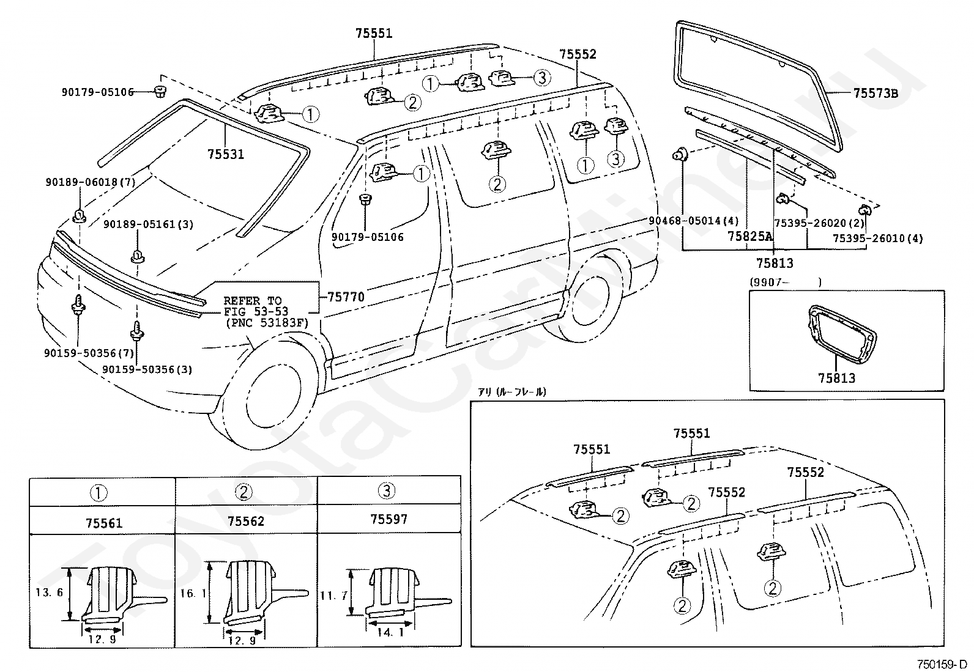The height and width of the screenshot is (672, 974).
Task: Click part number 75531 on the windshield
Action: [x=226, y=154]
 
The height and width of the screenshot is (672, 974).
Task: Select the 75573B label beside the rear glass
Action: [x=875, y=93]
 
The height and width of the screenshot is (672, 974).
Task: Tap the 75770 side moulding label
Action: [x=346, y=297]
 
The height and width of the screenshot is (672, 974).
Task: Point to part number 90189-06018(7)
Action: [x=91, y=182]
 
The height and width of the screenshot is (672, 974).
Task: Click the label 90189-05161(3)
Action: [x=148, y=224]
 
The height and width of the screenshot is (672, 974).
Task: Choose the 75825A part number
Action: [x=750, y=236]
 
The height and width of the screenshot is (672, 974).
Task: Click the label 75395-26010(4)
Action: [x=878, y=238]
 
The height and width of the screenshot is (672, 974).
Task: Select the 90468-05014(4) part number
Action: [x=694, y=221]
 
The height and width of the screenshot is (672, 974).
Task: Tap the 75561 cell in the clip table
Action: [x=104, y=523]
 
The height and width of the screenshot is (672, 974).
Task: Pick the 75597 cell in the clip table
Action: [x=388, y=519]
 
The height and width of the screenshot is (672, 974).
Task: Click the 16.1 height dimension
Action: [x=194, y=593]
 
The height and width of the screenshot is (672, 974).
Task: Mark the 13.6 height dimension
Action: [x=49, y=591]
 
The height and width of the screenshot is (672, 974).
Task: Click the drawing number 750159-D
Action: [x=942, y=664]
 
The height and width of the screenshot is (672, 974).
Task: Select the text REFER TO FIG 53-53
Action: [x=256, y=306]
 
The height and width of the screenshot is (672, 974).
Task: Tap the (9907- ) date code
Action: [x=786, y=282]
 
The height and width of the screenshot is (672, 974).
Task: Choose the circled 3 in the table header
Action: [x=387, y=491]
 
